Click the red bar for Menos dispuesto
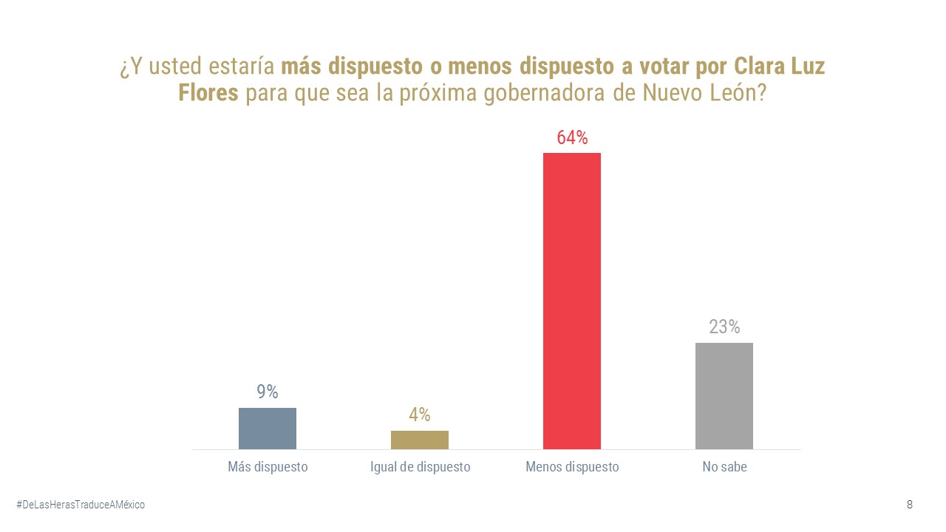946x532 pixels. [x=571, y=301]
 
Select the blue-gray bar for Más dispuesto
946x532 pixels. [x=267, y=429]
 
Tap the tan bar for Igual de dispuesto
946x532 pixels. [x=419, y=440]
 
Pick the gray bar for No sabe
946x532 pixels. [x=724, y=396]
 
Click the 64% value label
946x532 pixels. [x=572, y=138]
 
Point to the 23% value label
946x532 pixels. [x=724, y=327]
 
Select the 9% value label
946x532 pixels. [x=268, y=392]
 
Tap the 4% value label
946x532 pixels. [x=419, y=415]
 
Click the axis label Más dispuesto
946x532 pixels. [x=268, y=467]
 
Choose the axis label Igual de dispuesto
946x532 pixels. [x=420, y=467]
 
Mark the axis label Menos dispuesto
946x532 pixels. [x=572, y=467]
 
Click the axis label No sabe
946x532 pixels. [x=724, y=467]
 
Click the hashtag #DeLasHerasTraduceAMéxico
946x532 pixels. [x=81, y=505]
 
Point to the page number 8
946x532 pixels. [x=909, y=505]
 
